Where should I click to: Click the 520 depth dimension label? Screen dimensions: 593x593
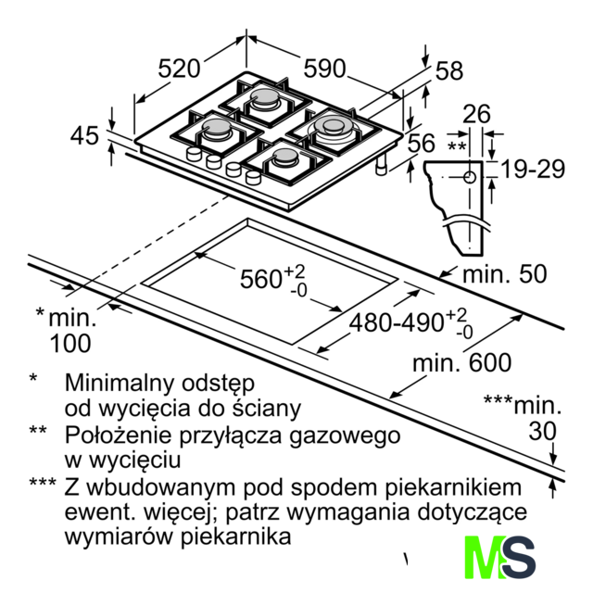point(179,69)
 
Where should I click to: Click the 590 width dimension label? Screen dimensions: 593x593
point(325,69)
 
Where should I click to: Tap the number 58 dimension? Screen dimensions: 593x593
point(449,70)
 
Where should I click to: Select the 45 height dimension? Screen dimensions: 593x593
point(84,135)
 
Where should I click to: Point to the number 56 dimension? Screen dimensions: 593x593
point(422,143)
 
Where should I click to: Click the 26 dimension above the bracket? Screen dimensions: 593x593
point(476,113)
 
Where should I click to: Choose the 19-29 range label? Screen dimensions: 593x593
point(533,169)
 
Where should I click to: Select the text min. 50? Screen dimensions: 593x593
point(505,274)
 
